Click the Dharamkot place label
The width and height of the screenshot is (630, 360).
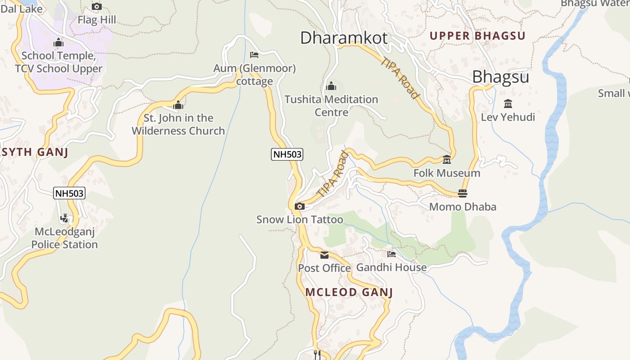click(x=343, y=38)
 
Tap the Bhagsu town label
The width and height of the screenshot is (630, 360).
click(x=500, y=77)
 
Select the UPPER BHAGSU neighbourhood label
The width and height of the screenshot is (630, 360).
click(x=477, y=36)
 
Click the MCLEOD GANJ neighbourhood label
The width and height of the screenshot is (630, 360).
click(x=349, y=292)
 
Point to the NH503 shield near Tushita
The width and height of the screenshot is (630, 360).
click(x=287, y=154)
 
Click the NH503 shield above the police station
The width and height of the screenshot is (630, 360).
click(x=69, y=193)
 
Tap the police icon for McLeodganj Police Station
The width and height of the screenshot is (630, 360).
click(x=65, y=218)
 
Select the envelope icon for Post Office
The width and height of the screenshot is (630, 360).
click(x=324, y=255)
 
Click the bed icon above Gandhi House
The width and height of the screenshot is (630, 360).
click(x=391, y=254)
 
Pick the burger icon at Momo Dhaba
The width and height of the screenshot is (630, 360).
click(x=462, y=193)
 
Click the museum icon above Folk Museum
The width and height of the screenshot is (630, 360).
click(x=446, y=160)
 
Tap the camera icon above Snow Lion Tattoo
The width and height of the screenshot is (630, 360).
click(x=299, y=207)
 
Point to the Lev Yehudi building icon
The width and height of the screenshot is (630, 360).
click(x=508, y=104)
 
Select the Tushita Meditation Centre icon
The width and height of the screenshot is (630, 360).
click(x=331, y=86)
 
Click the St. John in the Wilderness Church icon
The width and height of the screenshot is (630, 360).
click(x=178, y=105)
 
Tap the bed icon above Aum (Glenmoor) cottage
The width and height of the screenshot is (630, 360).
click(x=254, y=55)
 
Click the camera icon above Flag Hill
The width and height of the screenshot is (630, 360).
click(x=97, y=6)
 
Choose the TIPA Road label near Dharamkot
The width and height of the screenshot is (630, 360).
click(x=400, y=78)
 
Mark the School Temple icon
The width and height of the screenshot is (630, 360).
click(x=58, y=43)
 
